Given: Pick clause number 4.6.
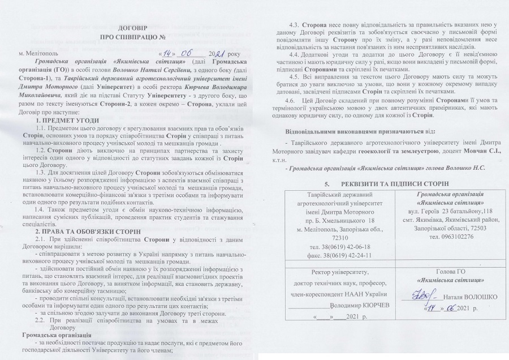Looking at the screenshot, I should (x=296, y=100).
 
